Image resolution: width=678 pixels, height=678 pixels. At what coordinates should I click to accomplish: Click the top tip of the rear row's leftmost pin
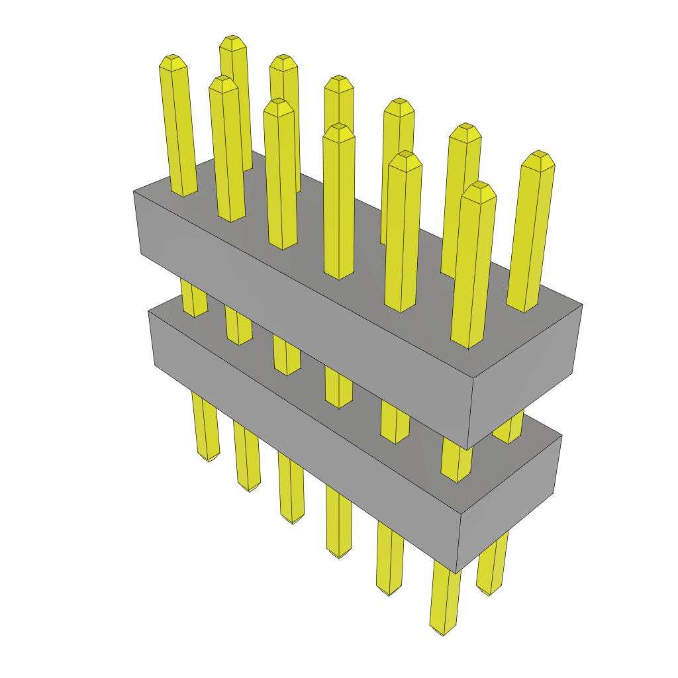233,40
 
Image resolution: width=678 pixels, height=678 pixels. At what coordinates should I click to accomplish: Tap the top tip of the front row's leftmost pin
172,59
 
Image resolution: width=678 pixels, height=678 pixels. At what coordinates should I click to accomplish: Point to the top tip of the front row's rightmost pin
479,186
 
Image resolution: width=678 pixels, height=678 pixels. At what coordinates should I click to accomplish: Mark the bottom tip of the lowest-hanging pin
442,634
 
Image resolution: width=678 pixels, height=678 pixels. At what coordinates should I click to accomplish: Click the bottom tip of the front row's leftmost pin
209,459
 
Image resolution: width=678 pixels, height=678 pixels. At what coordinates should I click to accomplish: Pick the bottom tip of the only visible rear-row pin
489,593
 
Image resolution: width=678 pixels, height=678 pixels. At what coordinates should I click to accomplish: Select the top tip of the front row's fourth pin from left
339,128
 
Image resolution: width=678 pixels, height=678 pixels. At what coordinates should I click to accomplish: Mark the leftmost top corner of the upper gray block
134,191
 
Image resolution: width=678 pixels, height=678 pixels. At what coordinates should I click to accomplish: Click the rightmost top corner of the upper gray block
583,305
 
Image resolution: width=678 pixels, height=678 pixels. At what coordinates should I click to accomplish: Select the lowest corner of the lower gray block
456,573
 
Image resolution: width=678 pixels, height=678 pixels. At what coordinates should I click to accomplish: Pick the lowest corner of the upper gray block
467,450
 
